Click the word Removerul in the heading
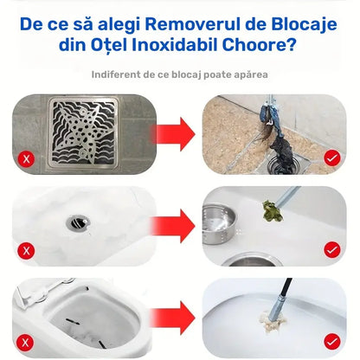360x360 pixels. point(192,24)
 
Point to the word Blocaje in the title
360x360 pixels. point(304,25)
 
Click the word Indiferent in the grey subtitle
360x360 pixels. point(115,74)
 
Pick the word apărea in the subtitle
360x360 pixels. point(251,75)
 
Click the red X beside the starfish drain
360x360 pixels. point(27,158)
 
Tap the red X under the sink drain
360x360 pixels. point(26,251)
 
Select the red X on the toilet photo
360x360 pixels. point(26,343)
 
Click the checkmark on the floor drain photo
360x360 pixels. point(332,157)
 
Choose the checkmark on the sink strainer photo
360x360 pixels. point(332,250)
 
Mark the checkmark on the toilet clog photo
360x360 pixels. point(332,342)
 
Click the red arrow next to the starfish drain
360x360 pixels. point(173,134)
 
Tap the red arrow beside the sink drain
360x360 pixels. point(173,226)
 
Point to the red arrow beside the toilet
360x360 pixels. point(173,318)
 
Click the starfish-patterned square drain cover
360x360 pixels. point(84,132)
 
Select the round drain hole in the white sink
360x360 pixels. point(78,223)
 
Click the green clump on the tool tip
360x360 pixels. point(273,210)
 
